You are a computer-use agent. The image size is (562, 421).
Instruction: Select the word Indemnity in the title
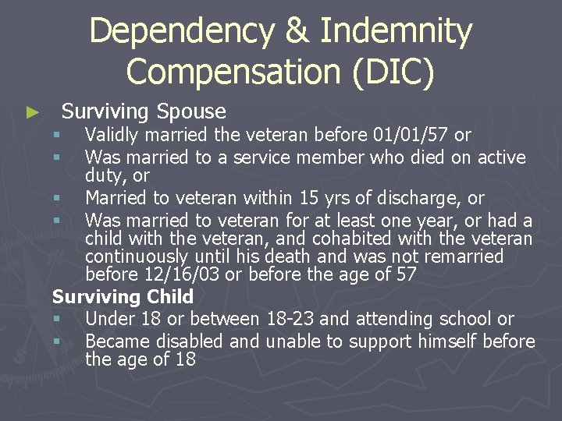(x=397, y=32)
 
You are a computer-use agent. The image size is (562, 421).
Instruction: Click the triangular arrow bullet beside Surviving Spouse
(x=32, y=112)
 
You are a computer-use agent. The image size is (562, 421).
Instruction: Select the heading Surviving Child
(x=123, y=297)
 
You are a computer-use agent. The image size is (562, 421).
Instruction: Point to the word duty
(x=102, y=176)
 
